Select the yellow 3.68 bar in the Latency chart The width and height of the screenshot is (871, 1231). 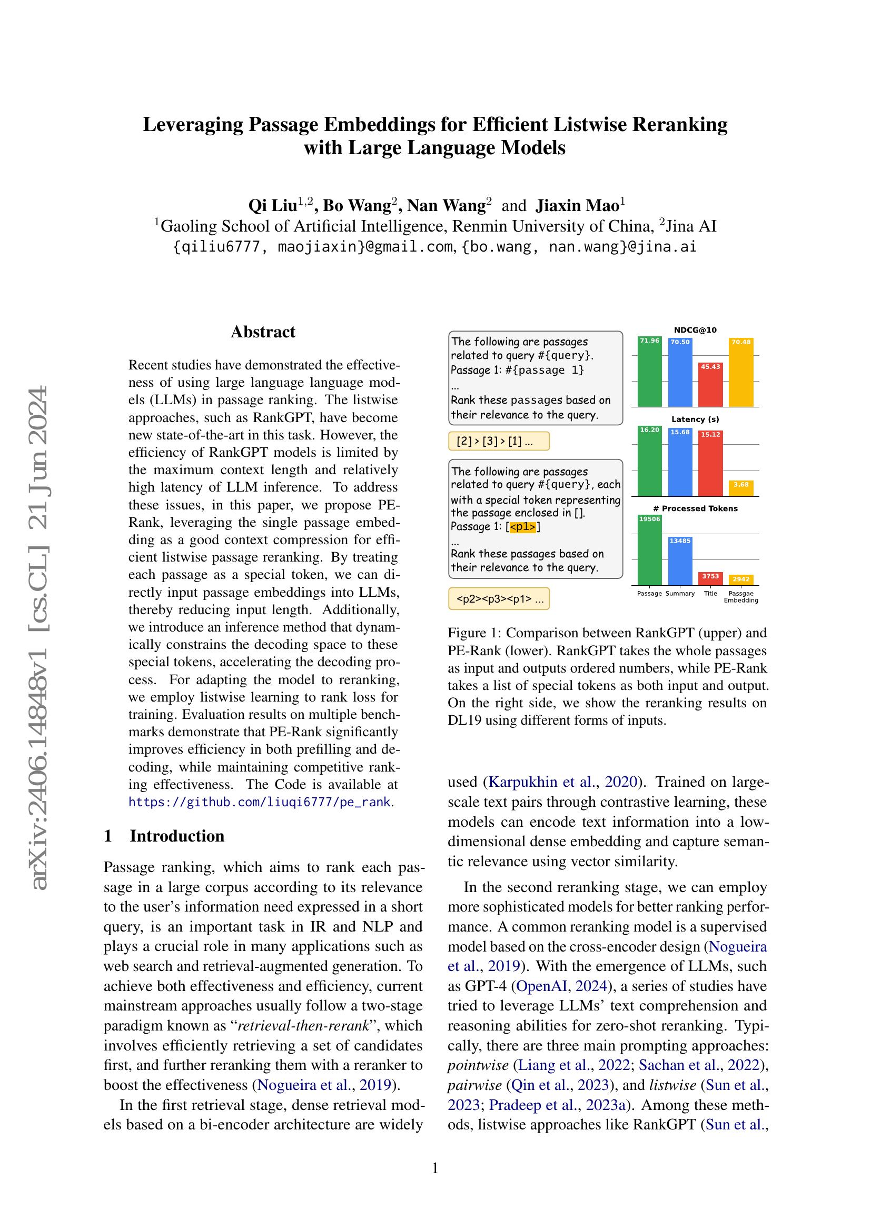click(x=741, y=488)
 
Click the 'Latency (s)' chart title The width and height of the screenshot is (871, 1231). click(x=695, y=419)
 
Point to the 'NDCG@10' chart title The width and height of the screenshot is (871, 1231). click(x=695, y=331)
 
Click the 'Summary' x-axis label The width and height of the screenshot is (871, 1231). click(x=680, y=594)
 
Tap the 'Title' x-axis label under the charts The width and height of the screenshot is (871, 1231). click(x=710, y=594)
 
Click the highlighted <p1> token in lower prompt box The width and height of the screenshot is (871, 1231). click(x=522, y=527)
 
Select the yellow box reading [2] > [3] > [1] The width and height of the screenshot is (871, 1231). click(x=499, y=441)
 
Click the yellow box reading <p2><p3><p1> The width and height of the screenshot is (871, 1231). click(x=499, y=599)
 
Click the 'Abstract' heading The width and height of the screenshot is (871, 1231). click(x=263, y=332)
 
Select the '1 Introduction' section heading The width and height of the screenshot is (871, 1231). click(x=164, y=836)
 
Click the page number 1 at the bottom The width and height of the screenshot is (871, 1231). click(x=435, y=1168)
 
